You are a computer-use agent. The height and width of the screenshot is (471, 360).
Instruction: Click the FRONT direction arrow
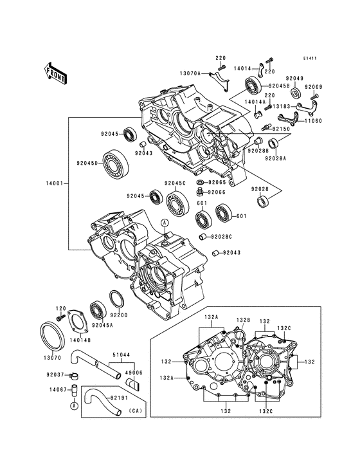(x=56, y=73)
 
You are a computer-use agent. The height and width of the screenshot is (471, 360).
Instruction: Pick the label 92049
(x=294, y=78)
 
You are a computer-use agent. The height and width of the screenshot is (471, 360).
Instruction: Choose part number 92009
(x=314, y=86)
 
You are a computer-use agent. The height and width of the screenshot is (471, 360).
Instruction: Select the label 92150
(x=282, y=129)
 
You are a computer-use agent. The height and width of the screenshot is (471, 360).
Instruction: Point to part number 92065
(x=216, y=183)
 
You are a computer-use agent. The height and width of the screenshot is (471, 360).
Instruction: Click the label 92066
(x=216, y=192)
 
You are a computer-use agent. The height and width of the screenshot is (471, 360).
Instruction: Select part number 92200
(x=120, y=315)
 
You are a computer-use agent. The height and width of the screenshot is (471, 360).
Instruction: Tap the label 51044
(x=123, y=353)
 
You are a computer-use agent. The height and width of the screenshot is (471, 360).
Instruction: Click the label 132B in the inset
(x=242, y=320)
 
